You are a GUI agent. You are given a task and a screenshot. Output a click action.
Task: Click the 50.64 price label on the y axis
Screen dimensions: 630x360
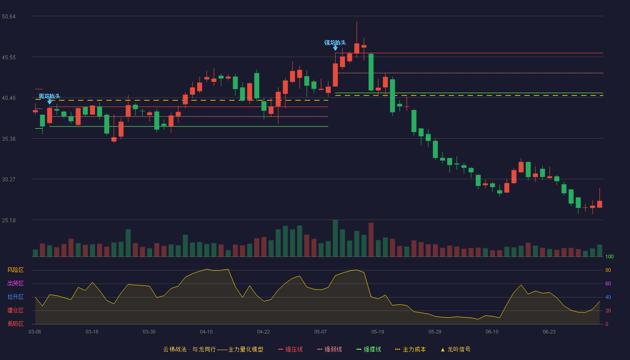[9, 17]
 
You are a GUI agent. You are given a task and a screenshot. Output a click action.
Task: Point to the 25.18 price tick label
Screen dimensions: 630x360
[9, 220]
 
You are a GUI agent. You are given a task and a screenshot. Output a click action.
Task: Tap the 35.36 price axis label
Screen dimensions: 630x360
[9, 139]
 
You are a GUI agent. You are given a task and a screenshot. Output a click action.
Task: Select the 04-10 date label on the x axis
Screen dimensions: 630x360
[206, 332]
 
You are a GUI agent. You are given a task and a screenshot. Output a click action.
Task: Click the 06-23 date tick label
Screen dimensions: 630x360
[549, 332]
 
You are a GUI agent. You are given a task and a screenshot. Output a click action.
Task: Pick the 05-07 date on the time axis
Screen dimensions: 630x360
[320, 332]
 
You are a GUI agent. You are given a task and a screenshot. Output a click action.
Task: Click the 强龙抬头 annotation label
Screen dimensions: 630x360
[335, 43]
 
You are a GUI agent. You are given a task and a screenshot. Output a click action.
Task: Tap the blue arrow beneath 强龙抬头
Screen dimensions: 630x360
[335, 49]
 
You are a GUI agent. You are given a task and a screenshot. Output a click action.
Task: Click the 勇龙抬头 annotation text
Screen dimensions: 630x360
[49, 96]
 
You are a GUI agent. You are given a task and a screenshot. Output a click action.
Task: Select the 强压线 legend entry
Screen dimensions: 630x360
[290, 349]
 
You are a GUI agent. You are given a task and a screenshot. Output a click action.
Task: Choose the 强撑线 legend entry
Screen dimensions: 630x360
[369, 349]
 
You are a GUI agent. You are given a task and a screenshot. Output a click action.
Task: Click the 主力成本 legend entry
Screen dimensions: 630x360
[410, 349]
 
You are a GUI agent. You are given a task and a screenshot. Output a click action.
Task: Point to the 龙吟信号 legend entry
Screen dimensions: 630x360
[455, 349]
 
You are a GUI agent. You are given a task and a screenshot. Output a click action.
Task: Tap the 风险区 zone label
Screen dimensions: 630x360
[15, 270]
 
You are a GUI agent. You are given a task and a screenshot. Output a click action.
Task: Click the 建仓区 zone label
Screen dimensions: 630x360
[15, 310]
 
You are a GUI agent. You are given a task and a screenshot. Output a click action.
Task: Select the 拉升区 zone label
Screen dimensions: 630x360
[15, 297]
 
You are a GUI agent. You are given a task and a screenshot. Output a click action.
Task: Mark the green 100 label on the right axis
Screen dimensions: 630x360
[609, 256]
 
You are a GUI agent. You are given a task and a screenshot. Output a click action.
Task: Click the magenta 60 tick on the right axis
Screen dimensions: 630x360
[608, 283]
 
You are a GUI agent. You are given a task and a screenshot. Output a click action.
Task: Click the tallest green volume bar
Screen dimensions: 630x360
[335, 238]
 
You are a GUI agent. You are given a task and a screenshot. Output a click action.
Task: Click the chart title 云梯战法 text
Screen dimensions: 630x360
[175, 349]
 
